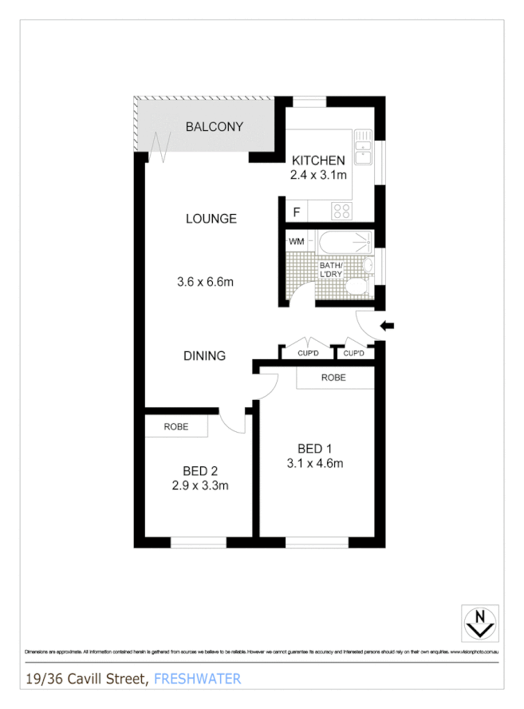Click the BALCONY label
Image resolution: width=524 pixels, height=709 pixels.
click(214, 127)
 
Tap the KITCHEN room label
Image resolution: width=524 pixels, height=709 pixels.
click(317, 160)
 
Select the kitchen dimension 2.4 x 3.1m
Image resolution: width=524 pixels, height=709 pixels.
click(317, 175)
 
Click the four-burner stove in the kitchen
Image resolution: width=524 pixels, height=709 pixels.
click(342, 211)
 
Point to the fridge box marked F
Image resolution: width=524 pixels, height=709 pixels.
click(297, 212)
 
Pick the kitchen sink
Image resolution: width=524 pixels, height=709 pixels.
click(364, 147)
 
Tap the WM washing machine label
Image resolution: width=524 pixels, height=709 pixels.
click(296, 240)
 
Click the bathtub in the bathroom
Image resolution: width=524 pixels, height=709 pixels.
click(341, 241)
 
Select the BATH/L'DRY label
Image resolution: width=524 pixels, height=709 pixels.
click(330, 270)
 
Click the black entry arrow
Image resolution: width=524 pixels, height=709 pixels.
click(388, 325)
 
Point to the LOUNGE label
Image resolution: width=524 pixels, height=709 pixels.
click(211, 219)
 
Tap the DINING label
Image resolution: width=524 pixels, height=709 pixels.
click(204, 356)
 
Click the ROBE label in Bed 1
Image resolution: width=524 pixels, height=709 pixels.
click(333, 378)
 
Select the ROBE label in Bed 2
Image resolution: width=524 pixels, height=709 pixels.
click(176, 427)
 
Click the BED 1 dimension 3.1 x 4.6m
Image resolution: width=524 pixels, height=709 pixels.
click(315, 462)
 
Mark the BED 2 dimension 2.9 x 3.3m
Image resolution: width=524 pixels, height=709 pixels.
click(200, 485)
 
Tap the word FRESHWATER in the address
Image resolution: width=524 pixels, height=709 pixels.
click(197, 679)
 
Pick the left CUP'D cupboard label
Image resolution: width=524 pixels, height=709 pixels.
click(308, 353)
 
